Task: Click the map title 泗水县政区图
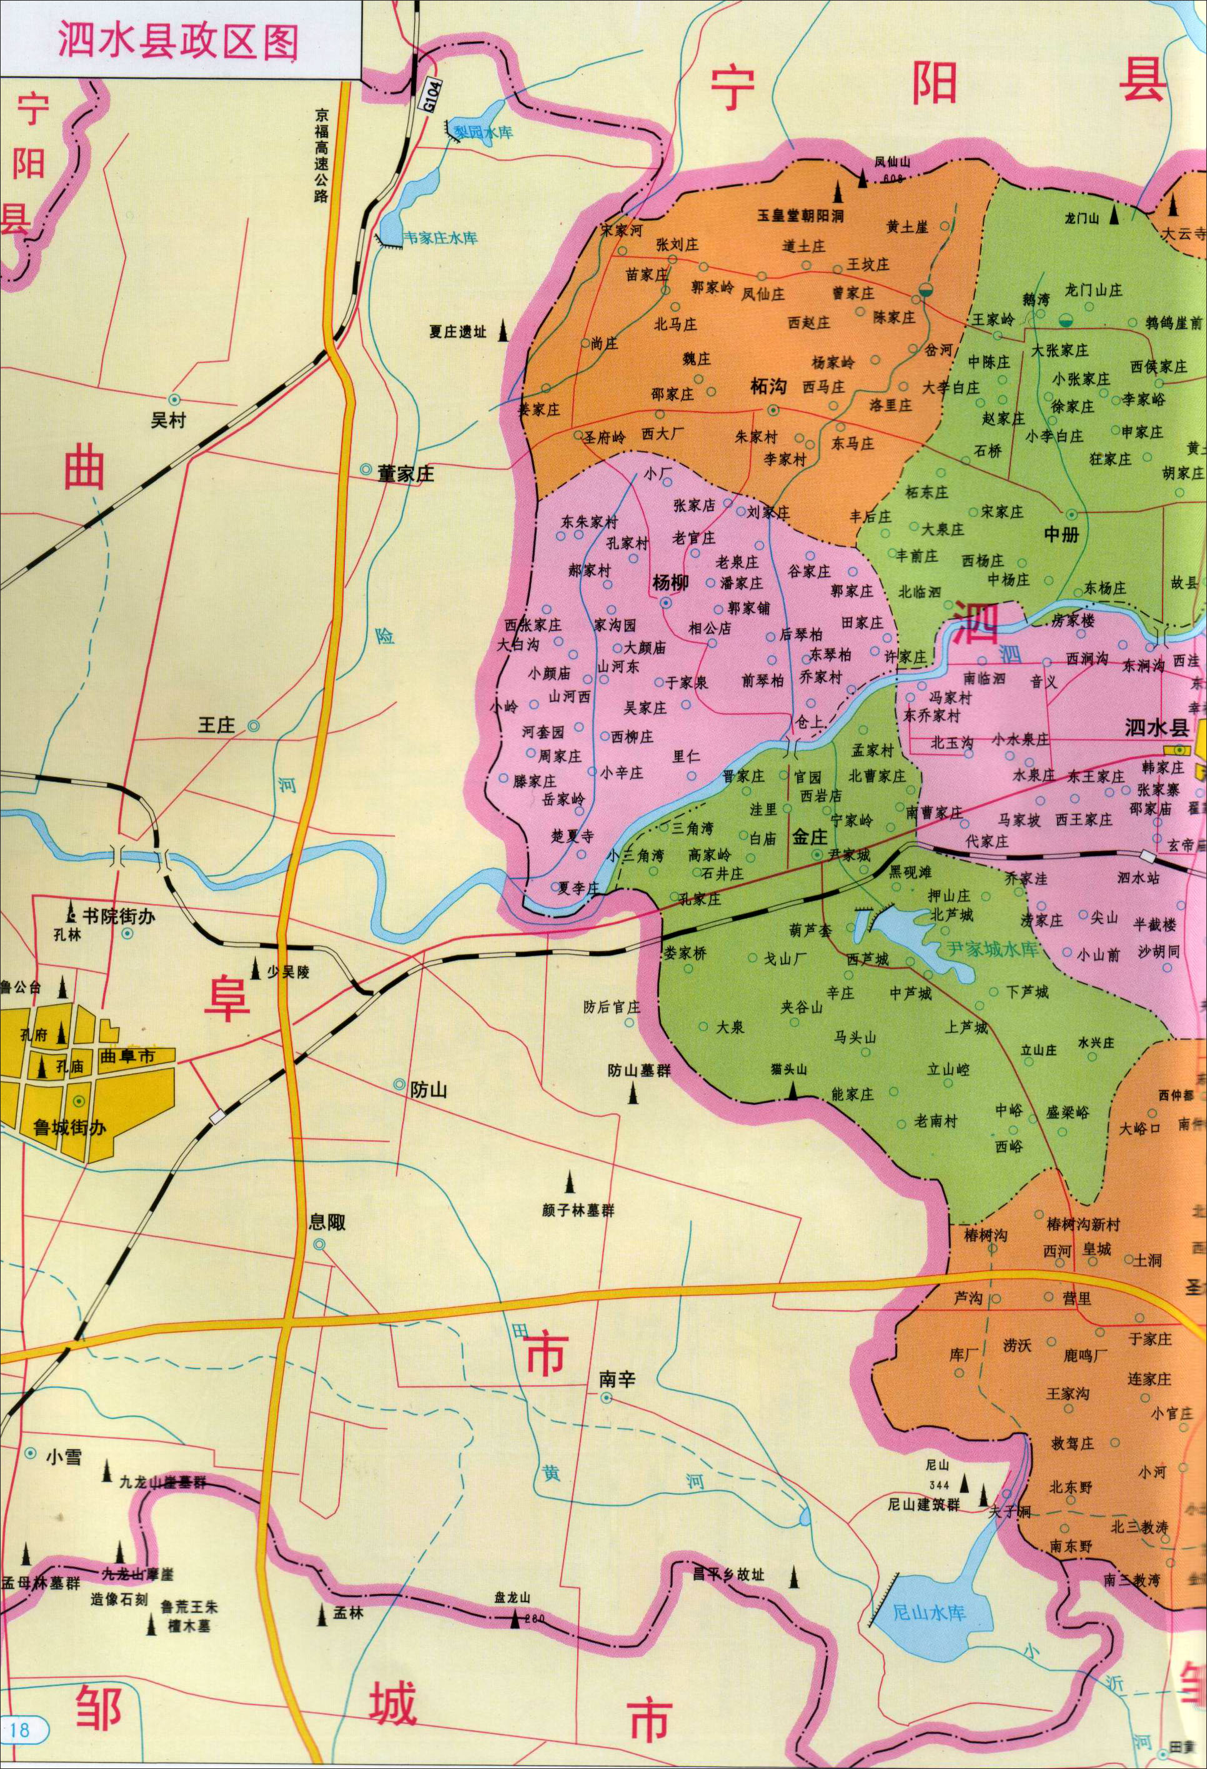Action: click(x=178, y=42)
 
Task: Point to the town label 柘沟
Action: click(x=768, y=386)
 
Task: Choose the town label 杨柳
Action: click(x=670, y=582)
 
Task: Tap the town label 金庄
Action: click(x=809, y=837)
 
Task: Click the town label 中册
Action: click(x=1061, y=534)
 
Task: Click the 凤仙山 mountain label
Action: click(x=892, y=161)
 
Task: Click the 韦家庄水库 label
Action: click(x=440, y=238)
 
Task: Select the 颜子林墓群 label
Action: click(x=578, y=1210)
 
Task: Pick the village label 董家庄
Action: click(x=405, y=474)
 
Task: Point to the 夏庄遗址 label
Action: click(x=457, y=331)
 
